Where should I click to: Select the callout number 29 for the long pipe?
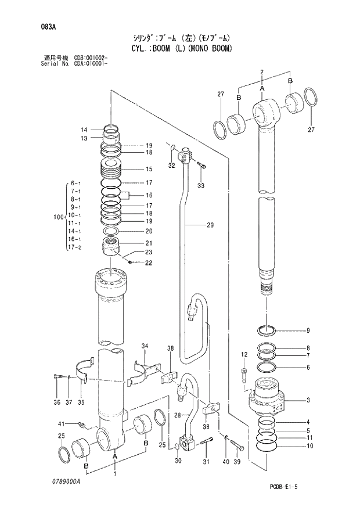[209, 225]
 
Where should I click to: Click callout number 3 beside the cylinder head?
[308, 401]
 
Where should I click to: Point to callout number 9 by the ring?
[308, 330]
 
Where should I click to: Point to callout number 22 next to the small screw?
[149, 263]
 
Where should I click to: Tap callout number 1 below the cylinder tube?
[114, 474]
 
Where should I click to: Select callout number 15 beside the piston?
[149, 170]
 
